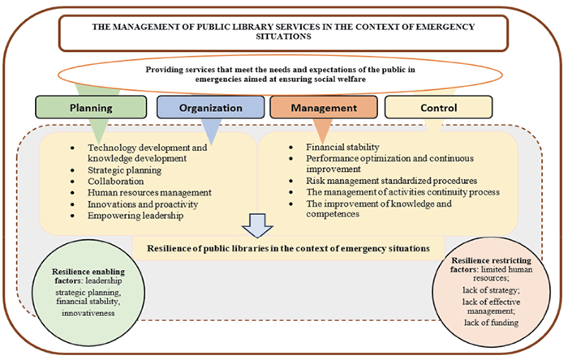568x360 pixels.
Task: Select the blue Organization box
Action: pos(209,106)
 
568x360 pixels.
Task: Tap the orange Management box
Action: pos(323,106)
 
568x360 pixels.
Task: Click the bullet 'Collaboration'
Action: pos(114,182)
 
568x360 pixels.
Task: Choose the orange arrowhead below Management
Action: pos(322,131)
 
